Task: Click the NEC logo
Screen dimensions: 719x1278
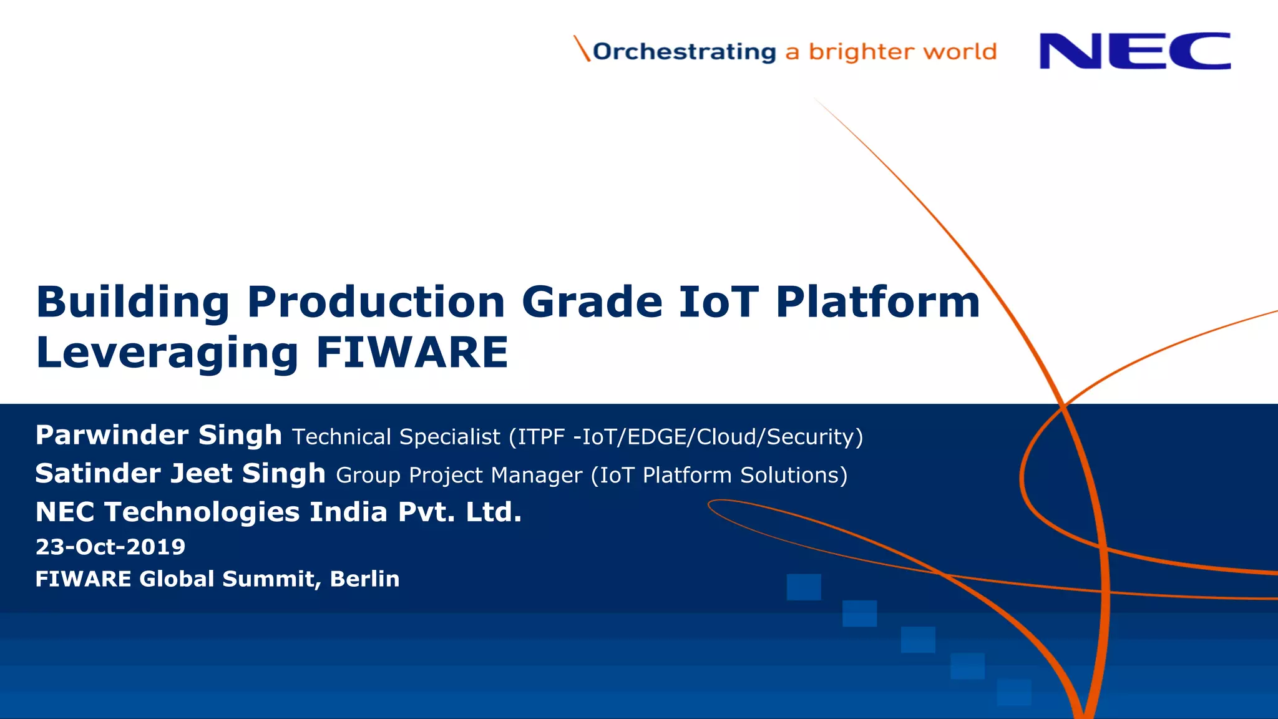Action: click(1134, 51)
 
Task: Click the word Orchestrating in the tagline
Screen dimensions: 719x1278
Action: click(684, 52)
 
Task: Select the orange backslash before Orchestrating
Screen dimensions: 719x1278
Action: click(582, 49)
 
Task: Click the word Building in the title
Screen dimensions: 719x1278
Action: click(133, 303)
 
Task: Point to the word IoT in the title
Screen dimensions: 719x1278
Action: click(718, 302)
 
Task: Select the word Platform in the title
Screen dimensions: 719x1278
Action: click(877, 302)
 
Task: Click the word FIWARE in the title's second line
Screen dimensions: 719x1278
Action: click(412, 353)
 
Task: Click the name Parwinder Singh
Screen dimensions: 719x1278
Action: click(159, 435)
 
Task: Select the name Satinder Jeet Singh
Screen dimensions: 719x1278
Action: click(180, 474)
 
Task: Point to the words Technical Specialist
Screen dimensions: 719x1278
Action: click(396, 437)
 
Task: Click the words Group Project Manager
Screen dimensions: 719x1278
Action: click(459, 476)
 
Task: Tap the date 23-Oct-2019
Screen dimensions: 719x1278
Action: click(110, 547)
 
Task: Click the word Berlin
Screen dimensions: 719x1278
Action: click(364, 579)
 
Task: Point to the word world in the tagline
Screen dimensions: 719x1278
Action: click(960, 52)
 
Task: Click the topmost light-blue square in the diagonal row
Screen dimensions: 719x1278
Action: click(803, 587)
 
